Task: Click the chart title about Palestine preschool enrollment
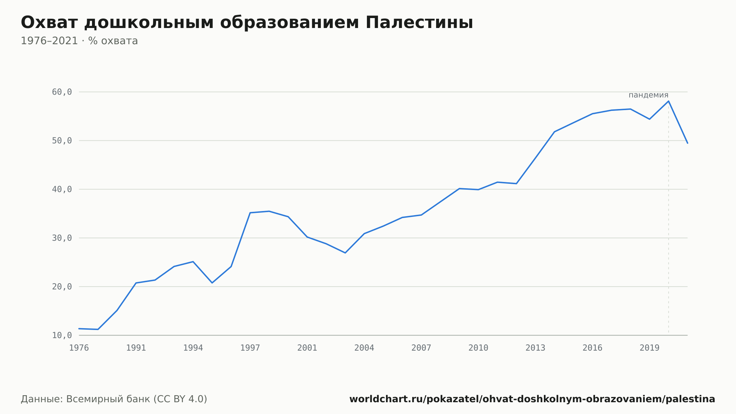click(x=247, y=23)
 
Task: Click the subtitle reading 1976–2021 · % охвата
click(x=79, y=41)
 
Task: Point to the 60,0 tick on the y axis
click(x=62, y=92)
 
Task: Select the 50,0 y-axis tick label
click(x=62, y=141)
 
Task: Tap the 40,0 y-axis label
click(x=62, y=189)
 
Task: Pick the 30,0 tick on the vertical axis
click(x=62, y=238)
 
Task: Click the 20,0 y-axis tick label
click(x=62, y=287)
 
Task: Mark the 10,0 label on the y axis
click(x=62, y=335)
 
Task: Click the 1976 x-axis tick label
click(x=79, y=348)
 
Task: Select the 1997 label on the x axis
click(x=250, y=348)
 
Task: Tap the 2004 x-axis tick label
click(x=364, y=348)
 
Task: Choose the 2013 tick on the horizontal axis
click(x=535, y=348)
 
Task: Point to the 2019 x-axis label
click(x=650, y=348)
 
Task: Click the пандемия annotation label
click(x=648, y=95)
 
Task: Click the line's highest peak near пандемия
click(x=668, y=101)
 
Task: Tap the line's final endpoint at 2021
click(x=687, y=143)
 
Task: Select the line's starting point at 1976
click(x=79, y=329)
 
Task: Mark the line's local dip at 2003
click(x=345, y=253)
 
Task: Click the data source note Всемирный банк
click(x=114, y=399)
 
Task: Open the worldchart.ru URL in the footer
click(x=532, y=399)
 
